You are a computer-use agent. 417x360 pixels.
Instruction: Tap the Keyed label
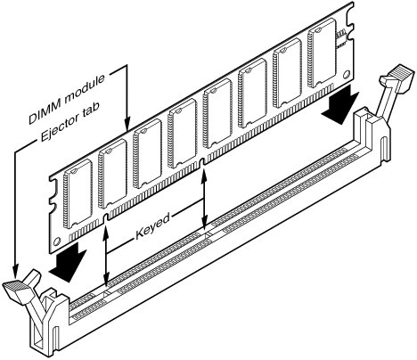(x=152, y=226)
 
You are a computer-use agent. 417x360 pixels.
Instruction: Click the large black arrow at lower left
(x=69, y=262)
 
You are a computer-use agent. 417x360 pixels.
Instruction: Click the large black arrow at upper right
(x=341, y=104)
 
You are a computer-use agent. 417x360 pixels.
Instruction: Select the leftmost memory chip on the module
(x=78, y=194)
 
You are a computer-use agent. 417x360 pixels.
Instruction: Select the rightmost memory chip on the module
(x=322, y=53)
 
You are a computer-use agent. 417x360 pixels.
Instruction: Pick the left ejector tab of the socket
(x=21, y=290)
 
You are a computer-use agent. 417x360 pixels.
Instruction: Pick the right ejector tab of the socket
(x=397, y=78)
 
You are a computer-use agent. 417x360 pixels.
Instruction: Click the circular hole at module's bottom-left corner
(x=57, y=241)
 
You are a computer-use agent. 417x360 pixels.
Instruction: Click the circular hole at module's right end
(x=347, y=74)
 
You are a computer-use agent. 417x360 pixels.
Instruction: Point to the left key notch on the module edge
(x=105, y=217)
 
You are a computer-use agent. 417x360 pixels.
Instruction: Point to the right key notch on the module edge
(x=202, y=163)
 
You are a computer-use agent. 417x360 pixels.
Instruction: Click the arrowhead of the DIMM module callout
(x=127, y=124)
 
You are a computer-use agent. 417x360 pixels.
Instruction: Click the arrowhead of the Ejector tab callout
(x=15, y=270)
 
